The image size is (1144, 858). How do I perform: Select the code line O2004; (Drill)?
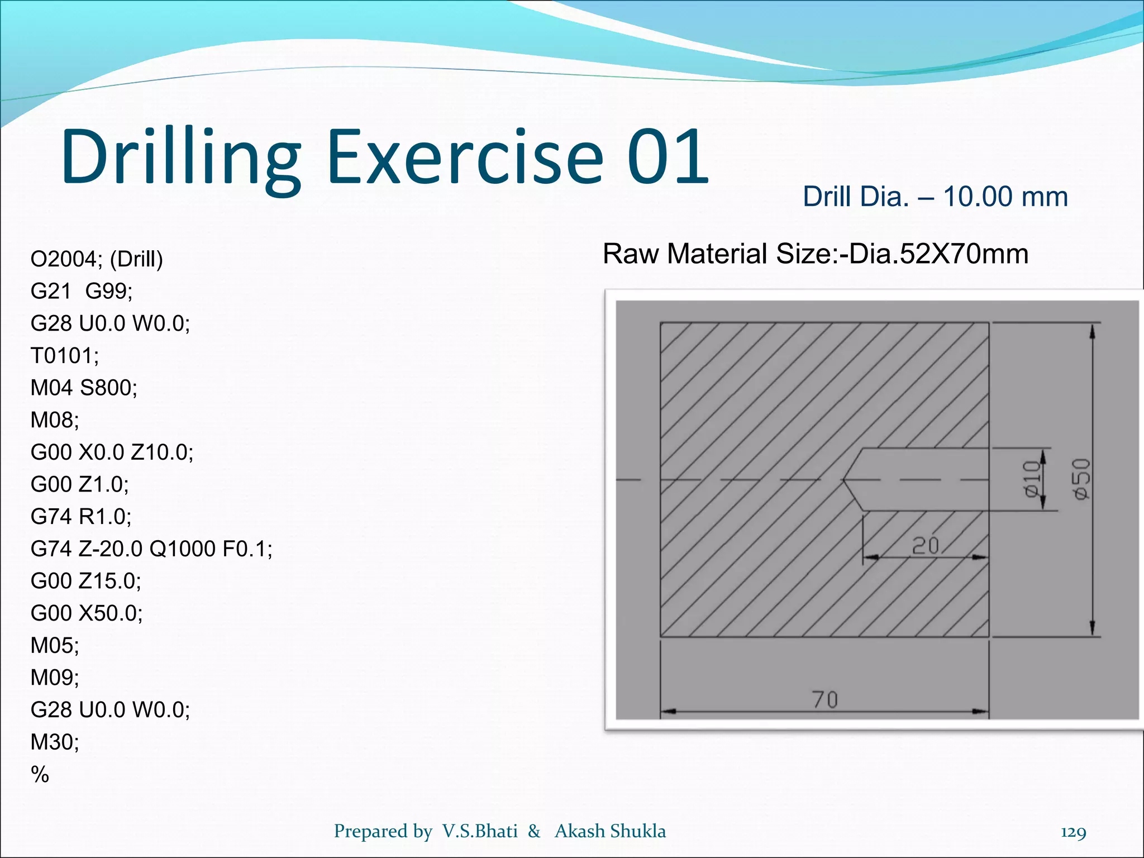[97, 259]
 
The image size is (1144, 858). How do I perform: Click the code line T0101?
[65, 355]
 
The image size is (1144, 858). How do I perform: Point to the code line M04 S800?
[84, 388]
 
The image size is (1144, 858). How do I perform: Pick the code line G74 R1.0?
[81, 517]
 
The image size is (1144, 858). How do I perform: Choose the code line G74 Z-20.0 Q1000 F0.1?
[151, 549]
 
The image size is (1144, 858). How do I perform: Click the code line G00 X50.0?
[87, 613]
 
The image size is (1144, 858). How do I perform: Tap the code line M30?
[55, 742]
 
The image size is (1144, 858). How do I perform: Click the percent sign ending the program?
[40, 775]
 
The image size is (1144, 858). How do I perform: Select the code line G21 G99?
[82, 291]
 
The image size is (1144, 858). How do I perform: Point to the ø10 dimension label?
[1031, 479]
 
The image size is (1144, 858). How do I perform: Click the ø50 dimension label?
[1081, 479]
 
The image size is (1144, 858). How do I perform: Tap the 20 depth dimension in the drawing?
[925, 546]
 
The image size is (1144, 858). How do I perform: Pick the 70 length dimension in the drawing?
[824, 699]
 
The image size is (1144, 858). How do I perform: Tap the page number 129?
[1073, 832]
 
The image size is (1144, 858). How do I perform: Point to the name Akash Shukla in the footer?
[610, 831]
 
